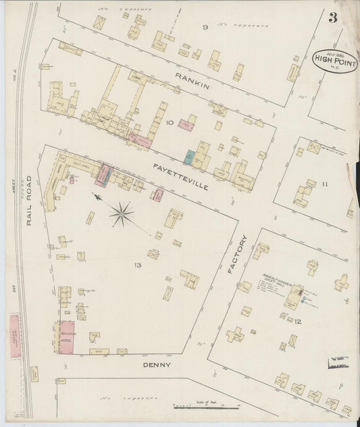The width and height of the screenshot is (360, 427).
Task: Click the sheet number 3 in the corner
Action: click(x=333, y=18)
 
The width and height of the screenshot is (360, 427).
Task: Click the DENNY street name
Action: click(x=156, y=365)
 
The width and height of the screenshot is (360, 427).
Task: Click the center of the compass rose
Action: click(x=121, y=215)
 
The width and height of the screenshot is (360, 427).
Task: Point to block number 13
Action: click(x=138, y=264)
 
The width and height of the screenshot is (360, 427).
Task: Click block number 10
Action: click(x=170, y=123)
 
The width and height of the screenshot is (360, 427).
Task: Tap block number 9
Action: click(x=204, y=28)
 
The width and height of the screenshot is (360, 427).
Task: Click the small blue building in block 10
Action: click(x=190, y=159)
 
